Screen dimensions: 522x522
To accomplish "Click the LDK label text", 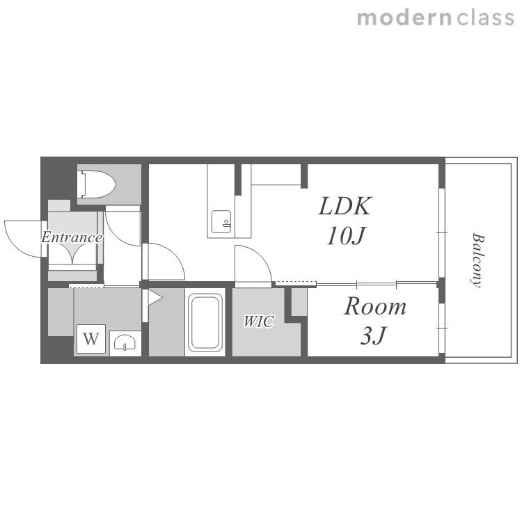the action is pyautogui.click(x=345, y=206).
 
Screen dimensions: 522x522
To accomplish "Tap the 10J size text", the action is pyautogui.click(x=346, y=236).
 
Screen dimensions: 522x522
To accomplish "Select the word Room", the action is pyautogui.click(x=375, y=306).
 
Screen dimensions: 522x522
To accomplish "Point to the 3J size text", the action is pyautogui.click(x=374, y=335).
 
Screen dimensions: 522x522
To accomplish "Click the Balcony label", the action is pyautogui.click(x=477, y=260).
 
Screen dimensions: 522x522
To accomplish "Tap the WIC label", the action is pyautogui.click(x=259, y=322).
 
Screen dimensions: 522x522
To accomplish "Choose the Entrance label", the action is pyautogui.click(x=72, y=237).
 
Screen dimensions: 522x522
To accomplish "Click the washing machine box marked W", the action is pyautogui.click(x=91, y=338).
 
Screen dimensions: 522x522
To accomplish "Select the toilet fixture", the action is pyautogui.click(x=96, y=184).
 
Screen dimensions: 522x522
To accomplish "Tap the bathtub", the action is pyautogui.click(x=205, y=322).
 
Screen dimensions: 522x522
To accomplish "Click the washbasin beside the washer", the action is pyautogui.click(x=125, y=342).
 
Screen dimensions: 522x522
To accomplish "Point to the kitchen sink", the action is pyautogui.click(x=221, y=221).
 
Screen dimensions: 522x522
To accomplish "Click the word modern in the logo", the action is pyautogui.click(x=404, y=19).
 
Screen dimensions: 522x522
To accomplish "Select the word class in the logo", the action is pyautogui.click(x=486, y=18).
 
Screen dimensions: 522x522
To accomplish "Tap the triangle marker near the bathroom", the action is pyautogui.click(x=155, y=297).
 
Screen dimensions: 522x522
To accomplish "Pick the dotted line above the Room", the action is pyautogui.click(x=296, y=283).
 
